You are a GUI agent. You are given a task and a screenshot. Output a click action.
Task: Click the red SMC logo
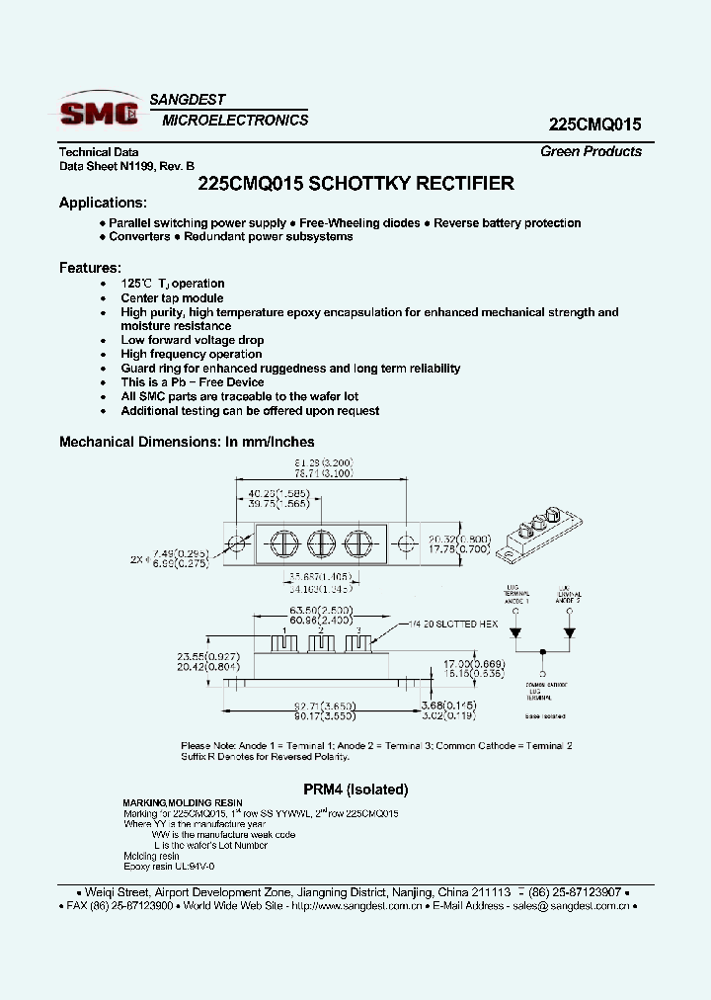click(x=99, y=114)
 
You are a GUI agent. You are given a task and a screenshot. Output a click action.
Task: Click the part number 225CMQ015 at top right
click(x=594, y=125)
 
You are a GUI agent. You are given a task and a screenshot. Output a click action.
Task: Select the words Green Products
click(x=591, y=151)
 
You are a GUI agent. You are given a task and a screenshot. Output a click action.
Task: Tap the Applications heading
click(x=103, y=203)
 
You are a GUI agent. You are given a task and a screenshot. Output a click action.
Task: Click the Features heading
click(x=90, y=268)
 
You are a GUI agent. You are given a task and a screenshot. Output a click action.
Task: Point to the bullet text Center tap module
click(x=172, y=297)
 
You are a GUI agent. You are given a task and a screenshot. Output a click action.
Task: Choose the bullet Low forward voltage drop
click(x=193, y=340)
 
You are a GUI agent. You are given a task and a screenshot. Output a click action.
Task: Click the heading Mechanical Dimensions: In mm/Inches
click(x=187, y=442)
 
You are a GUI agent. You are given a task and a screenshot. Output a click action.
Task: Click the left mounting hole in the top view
click(x=237, y=544)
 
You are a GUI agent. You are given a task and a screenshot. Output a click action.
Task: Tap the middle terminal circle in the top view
click(x=321, y=544)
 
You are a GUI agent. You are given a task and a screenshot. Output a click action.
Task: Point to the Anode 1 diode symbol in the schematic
click(x=514, y=632)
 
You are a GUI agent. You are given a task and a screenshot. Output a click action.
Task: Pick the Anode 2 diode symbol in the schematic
click(x=569, y=632)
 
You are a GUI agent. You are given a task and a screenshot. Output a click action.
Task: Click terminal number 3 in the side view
click(x=358, y=630)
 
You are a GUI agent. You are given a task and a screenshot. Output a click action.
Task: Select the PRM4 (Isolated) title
click(x=355, y=790)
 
